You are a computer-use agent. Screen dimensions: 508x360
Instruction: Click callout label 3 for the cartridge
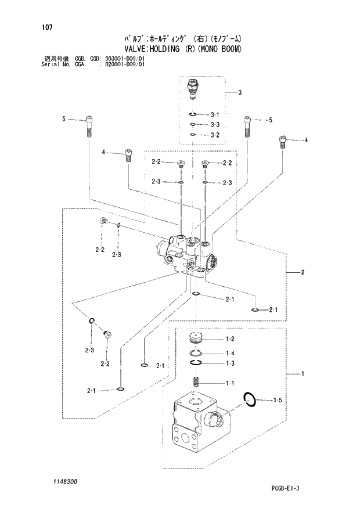pos(239,93)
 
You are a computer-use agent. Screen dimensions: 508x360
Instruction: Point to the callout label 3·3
pos(214,125)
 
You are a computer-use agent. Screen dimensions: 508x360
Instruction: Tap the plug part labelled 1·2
pos(196,338)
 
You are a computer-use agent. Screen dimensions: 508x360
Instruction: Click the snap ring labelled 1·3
pos(196,363)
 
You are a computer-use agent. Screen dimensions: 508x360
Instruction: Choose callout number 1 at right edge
pos(302,374)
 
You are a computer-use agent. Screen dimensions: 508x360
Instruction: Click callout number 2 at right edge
pos(302,272)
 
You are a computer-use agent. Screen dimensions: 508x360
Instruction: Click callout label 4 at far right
pos(305,140)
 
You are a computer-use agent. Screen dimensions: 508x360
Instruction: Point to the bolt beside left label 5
pos(89,125)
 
